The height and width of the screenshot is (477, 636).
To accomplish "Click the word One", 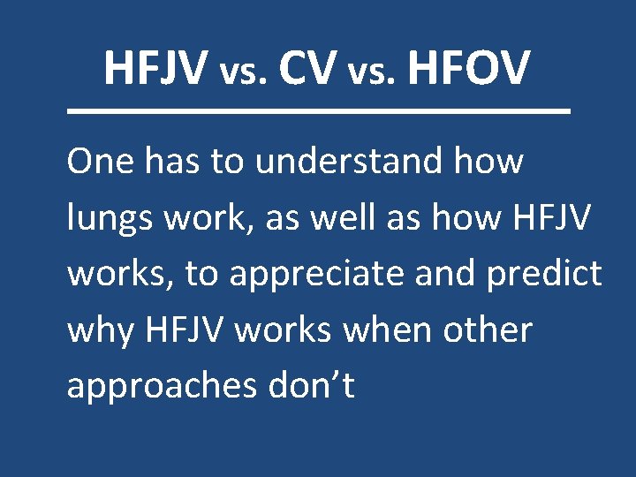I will coord(98,162).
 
